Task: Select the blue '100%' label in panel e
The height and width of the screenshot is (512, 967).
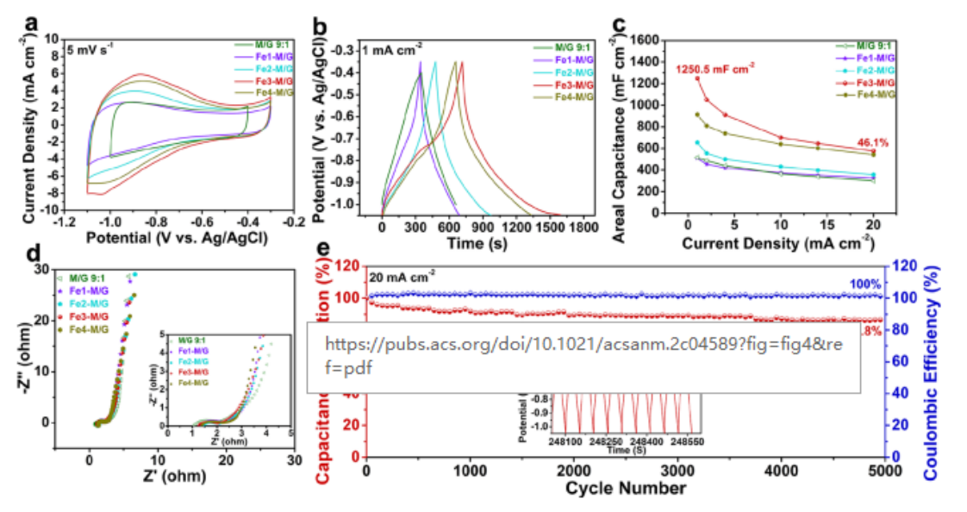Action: pos(868,284)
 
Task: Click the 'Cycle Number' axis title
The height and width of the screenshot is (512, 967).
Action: pos(626,490)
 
